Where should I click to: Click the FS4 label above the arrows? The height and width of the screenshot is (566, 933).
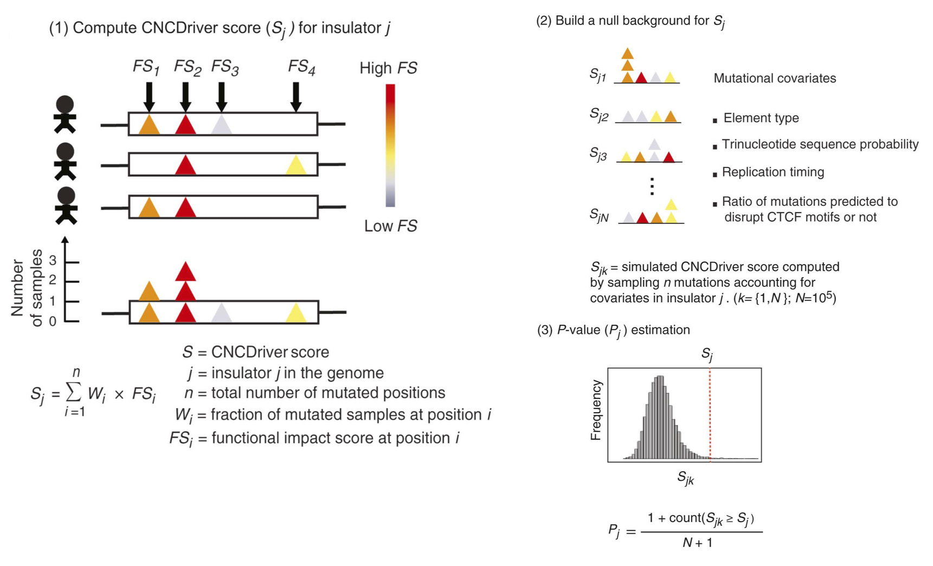(301, 67)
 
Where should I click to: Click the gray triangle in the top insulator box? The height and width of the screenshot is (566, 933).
(221, 125)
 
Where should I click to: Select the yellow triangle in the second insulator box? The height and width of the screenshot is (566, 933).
(295, 165)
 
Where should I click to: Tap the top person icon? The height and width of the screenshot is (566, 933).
(65, 114)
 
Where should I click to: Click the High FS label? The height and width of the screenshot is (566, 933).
(388, 68)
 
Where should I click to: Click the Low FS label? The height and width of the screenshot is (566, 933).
(390, 226)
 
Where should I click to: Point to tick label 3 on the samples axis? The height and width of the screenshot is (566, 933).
(53, 261)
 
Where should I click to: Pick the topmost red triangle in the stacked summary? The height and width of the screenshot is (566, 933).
(185, 271)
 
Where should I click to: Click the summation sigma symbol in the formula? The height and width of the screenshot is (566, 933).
(74, 391)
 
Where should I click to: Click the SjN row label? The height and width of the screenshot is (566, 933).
(599, 216)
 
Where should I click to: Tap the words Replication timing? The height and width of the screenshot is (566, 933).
(773, 172)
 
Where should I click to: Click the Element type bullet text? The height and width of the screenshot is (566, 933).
(761, 118)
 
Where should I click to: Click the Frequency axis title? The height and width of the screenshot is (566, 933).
(596, 410)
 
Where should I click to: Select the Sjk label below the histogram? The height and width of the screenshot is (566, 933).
(685, 478)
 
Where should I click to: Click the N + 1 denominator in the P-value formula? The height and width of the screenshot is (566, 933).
(697, 543)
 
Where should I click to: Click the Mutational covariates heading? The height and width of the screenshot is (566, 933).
(774, 79)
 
